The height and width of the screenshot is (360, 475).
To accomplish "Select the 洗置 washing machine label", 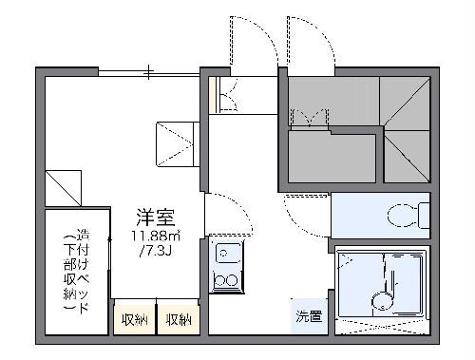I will coord(308,314).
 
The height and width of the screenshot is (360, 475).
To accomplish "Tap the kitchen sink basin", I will coord(226,253).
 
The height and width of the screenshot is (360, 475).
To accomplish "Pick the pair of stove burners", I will coord(226,279).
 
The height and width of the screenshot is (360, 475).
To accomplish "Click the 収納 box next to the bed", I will coord(133,319).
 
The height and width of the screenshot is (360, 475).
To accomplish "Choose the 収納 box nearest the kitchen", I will coord(178,319).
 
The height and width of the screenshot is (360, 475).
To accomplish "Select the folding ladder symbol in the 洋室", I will coord(177,142).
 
